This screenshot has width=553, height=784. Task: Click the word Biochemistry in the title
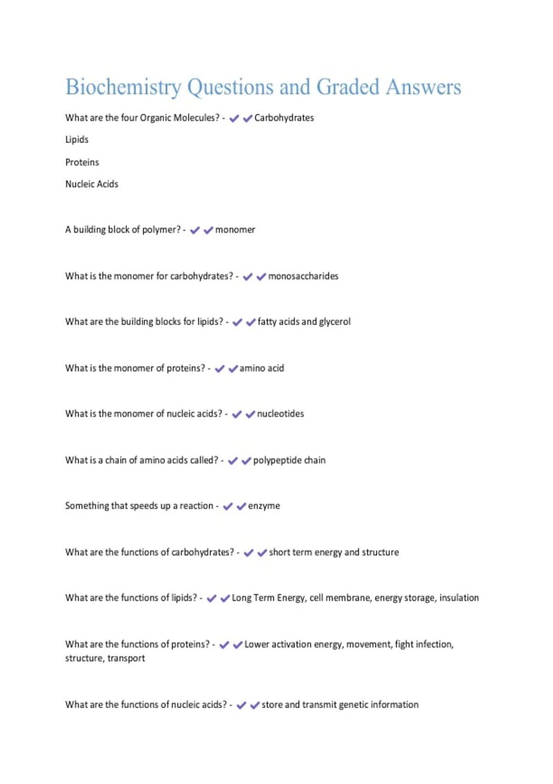coord(124,87)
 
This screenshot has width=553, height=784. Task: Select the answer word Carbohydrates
coord(284,118)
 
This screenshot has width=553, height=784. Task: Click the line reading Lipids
coord(76,140)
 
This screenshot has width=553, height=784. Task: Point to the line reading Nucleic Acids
coord(92,184)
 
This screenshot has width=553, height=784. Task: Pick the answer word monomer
coord(235,230)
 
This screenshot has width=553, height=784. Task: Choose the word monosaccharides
coord(303,276)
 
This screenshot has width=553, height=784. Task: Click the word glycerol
coord(335,322)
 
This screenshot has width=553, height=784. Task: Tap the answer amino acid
coord(262,368)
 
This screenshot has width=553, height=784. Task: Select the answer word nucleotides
coord(281,414)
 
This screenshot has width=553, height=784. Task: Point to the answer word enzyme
coord(264,506)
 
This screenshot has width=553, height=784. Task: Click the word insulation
coord(459,598)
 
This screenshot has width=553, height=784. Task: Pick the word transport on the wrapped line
coord(126,658)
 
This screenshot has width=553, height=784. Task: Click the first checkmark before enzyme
coord(228,506)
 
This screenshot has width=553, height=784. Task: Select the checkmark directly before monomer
coord(208,230)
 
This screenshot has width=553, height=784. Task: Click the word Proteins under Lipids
coord(82,162)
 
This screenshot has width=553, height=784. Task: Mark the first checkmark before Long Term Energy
coord(212,599)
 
